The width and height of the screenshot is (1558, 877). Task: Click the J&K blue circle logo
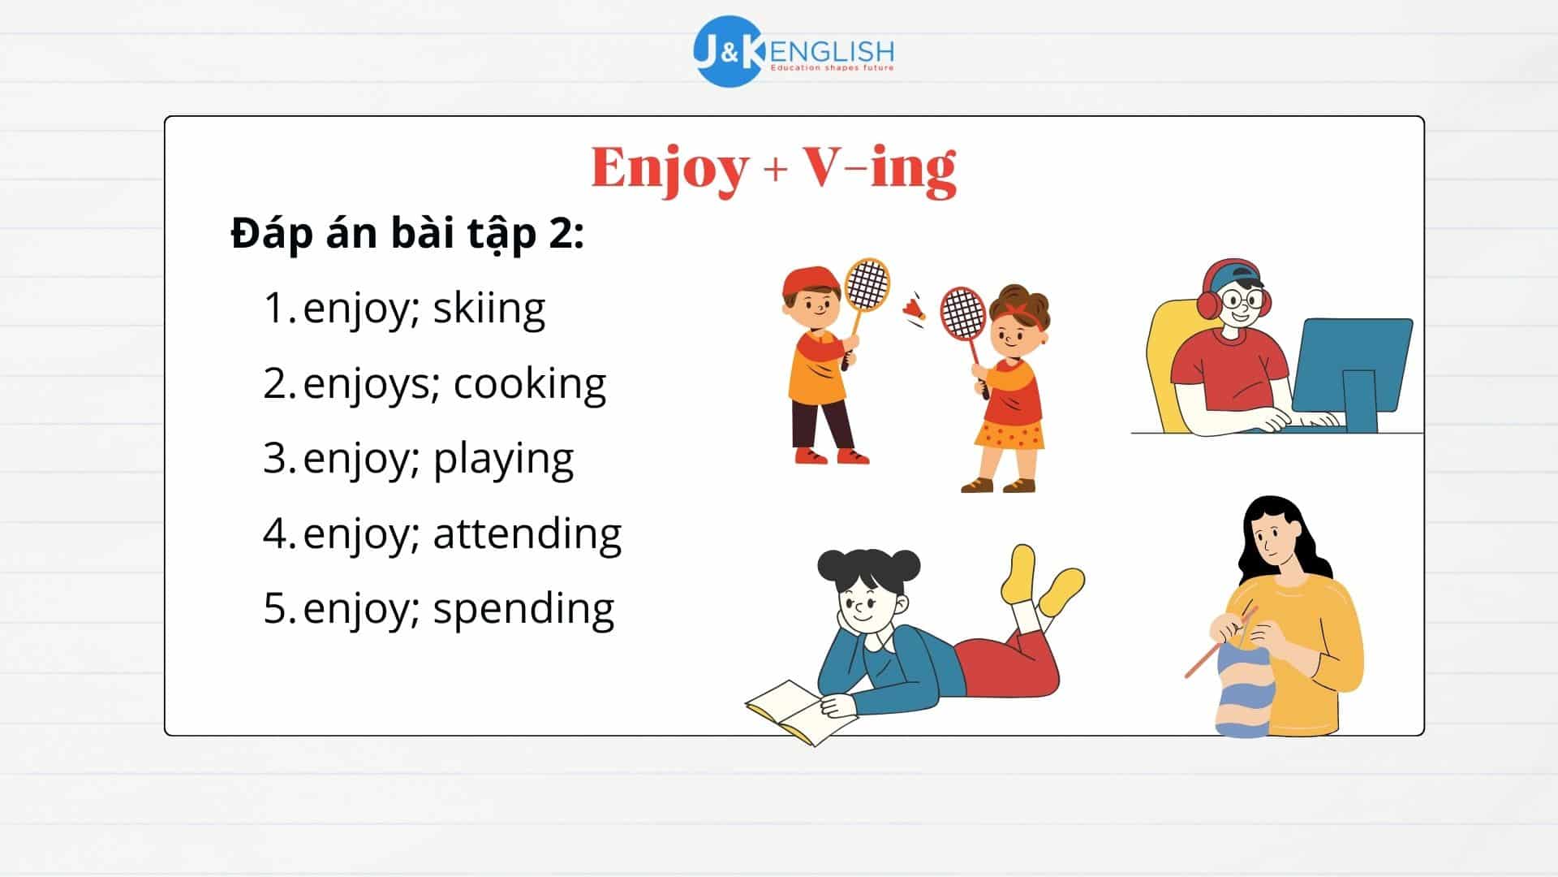(727, 51)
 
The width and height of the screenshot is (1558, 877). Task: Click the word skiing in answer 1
(488, 309)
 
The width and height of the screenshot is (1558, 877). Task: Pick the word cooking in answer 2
(529, 384)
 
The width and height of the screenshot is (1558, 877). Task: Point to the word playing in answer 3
(503, 460)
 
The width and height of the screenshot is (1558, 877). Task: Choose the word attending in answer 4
(527, 534)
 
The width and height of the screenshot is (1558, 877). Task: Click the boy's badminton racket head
(867, 284)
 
